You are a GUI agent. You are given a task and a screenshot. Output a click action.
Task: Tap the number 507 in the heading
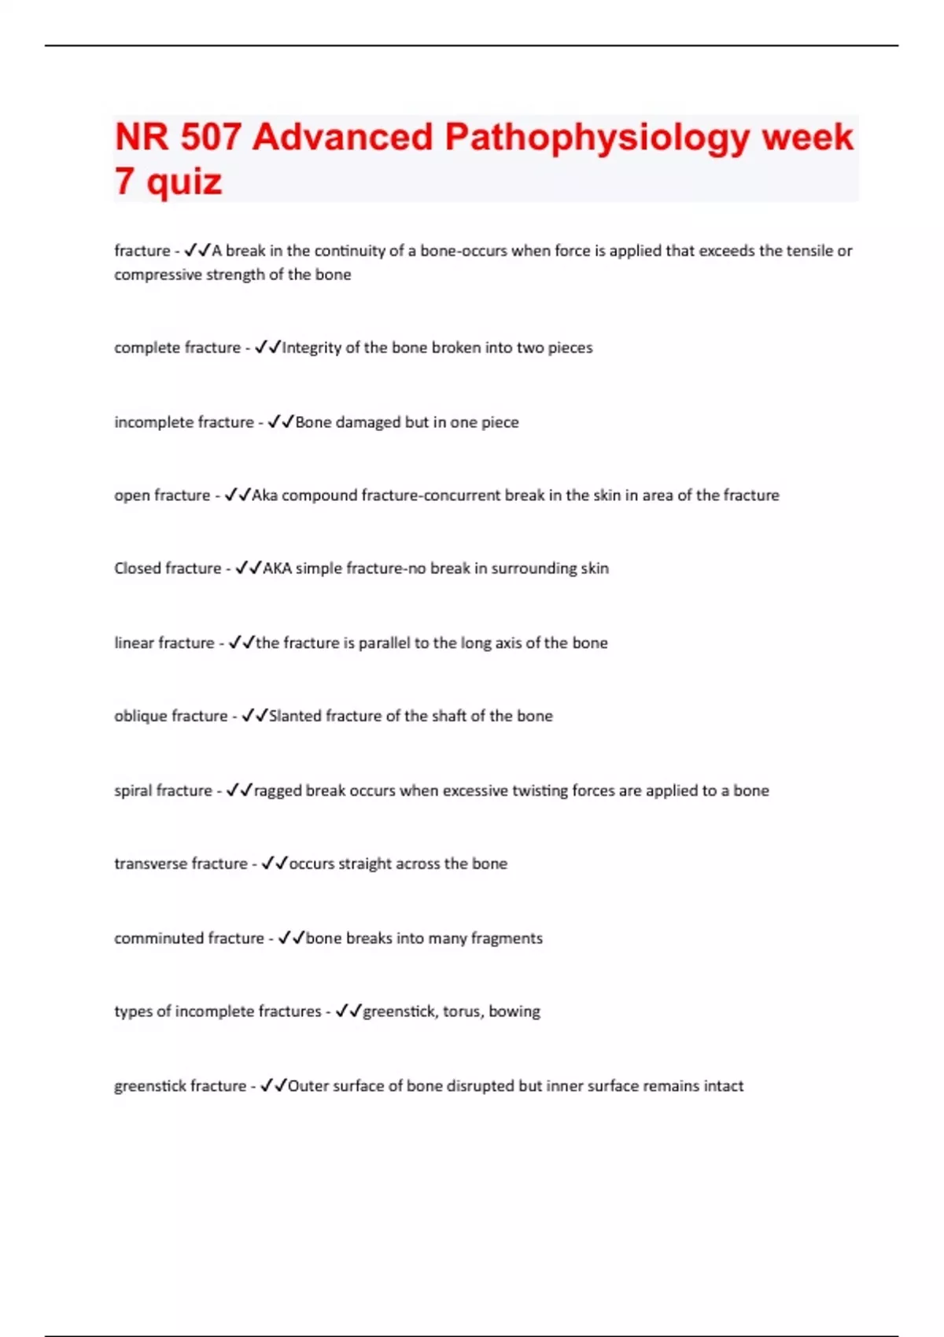click(x=210, y=138)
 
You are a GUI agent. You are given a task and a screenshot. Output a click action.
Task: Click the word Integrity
click(x=312, y=348)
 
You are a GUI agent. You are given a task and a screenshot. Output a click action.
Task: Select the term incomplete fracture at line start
click(x=184, y=422)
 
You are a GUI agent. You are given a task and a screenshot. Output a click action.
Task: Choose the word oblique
click(x=142, y=716)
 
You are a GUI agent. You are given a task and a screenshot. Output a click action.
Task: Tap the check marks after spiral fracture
click(x=239, y=790)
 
